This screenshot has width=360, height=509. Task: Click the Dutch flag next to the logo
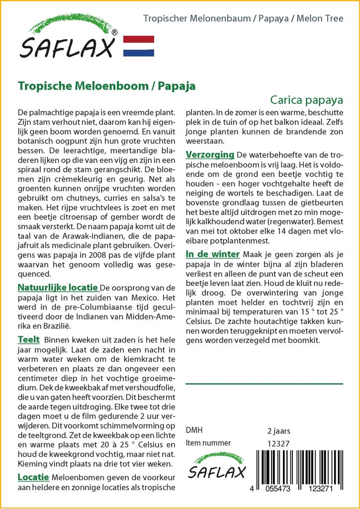point(138,46)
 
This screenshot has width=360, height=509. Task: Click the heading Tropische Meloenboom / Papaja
point(106,85)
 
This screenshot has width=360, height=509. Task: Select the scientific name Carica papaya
point(307,99)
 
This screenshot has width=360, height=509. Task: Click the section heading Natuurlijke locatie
point(58,288)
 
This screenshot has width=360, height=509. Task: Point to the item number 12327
point(278,443)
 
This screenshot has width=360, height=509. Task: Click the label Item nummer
point(208,443)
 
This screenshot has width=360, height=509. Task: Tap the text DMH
point(194,430)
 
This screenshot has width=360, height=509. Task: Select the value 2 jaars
point(278,430)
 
